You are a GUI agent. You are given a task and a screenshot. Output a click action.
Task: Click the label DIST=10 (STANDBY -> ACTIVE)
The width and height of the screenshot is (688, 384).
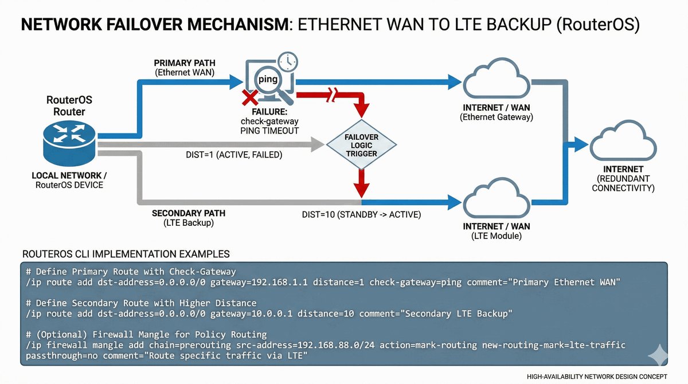coord(361,215)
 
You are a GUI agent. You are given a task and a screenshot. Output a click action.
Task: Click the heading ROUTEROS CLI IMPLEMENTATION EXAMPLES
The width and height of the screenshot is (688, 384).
coord(126,253)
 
